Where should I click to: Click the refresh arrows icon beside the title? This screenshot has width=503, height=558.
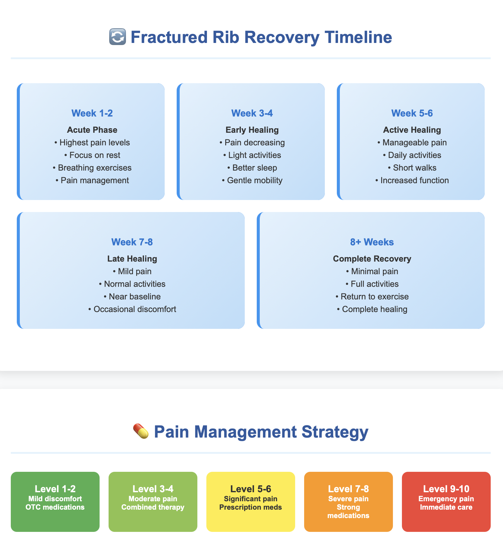point(117,37)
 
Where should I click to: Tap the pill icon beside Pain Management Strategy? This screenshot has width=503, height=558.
point(141,431)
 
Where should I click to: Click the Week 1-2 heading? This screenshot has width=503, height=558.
point(92,113)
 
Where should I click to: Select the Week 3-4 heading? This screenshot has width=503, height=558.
point(252,113)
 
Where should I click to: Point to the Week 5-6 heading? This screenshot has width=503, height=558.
point(412,113)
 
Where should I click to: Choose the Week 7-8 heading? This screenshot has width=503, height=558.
point(132,242)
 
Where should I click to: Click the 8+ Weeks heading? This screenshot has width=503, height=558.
point(372,242)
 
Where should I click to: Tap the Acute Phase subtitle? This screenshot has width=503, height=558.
point(92,130)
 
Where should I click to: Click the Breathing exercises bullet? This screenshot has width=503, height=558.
point(92,168)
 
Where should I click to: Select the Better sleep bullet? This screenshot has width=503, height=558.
point(252,168)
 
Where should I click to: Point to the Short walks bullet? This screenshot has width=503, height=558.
point(412,168)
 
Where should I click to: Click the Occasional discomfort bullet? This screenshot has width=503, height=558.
point(132,309)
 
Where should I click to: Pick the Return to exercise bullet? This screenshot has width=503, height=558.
point(372,296)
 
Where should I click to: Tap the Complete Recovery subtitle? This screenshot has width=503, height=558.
point(372,259)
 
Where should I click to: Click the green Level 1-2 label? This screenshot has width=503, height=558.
point(55,489)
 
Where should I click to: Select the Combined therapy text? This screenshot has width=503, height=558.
point(153,507)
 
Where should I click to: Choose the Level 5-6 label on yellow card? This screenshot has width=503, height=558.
point(251,489)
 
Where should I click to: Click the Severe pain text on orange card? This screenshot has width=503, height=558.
point(348,499)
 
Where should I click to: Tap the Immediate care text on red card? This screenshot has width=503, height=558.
point(446,507)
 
